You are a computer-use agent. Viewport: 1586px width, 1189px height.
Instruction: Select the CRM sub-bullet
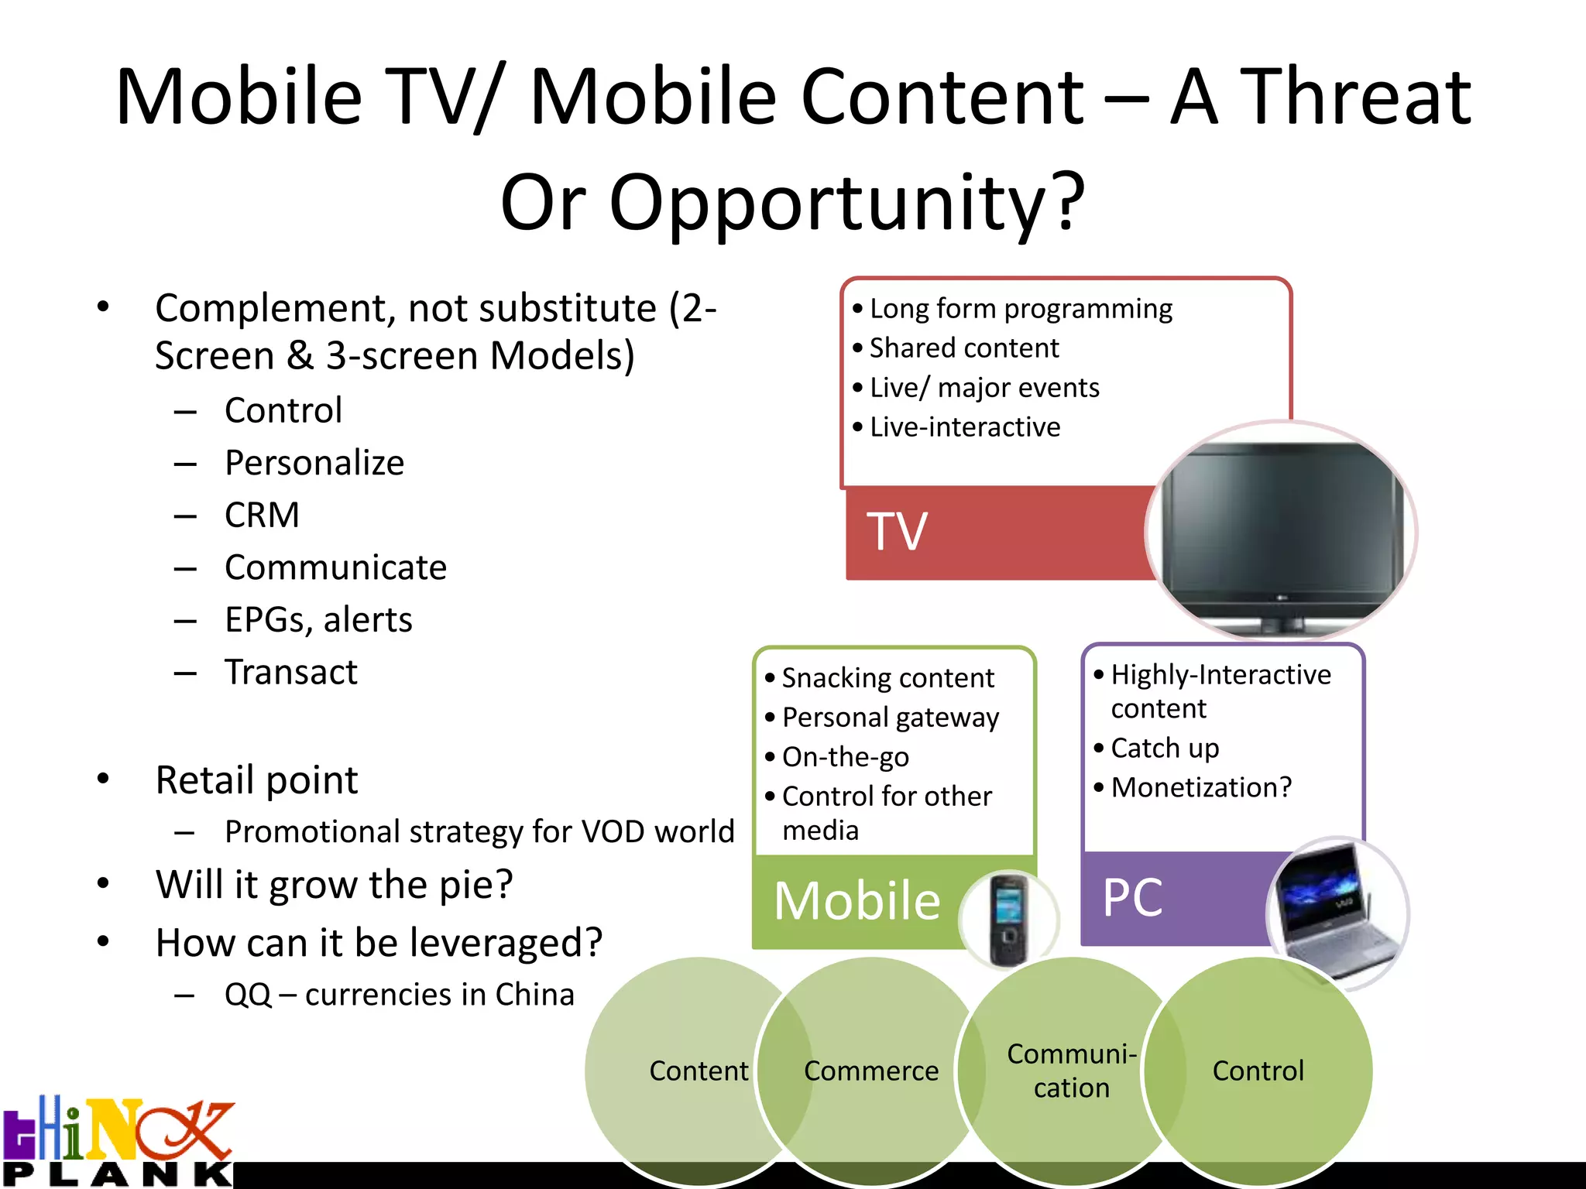(262, 516)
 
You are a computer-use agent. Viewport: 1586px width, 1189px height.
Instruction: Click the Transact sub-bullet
(290, 672)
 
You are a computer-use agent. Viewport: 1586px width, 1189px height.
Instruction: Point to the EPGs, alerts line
(318, 620)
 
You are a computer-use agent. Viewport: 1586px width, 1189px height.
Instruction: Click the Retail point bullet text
(256, 780)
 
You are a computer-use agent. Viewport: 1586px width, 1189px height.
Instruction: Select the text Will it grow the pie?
(334, 884)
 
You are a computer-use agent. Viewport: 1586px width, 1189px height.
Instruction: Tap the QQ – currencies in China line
(399, 995)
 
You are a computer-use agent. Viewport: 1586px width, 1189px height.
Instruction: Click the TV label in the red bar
(896, 532)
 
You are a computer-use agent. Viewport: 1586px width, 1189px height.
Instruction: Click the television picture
(1282, 533)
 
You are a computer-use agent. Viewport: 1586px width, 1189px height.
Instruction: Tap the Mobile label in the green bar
(857, 901)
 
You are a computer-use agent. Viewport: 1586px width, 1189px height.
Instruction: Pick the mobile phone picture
(1008, 920)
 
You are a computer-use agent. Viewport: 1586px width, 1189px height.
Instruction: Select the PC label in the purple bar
(1132, 898)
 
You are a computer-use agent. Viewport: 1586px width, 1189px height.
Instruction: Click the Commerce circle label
(870, 1071)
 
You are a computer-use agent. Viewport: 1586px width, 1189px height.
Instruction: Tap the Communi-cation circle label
(1071, 1071)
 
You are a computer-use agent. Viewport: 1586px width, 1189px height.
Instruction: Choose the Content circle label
(699, 1071)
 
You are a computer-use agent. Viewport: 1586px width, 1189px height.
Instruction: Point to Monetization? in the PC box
(1201, 787)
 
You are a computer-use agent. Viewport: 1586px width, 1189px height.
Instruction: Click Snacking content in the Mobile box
(887, 678)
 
